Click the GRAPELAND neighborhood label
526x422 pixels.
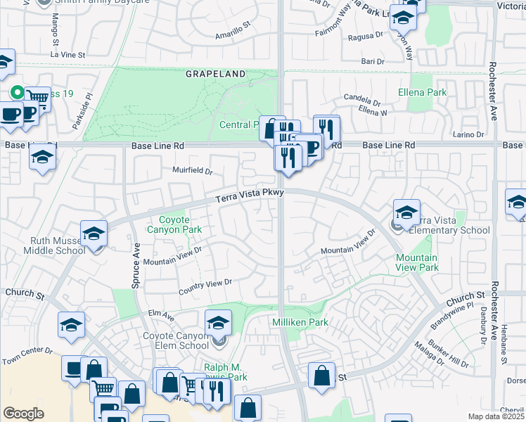[215, 74]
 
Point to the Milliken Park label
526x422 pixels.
[300, 322]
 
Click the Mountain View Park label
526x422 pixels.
[417, 263]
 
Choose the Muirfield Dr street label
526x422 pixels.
[192, 170]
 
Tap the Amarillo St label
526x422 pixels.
[233, 32]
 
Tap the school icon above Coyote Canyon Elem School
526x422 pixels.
[219, 324]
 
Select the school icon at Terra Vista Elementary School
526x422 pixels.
[406, 212]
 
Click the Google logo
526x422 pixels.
[23, 414]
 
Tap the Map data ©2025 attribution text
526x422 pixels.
[496, 416]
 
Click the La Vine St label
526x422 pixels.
[68, 54]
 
